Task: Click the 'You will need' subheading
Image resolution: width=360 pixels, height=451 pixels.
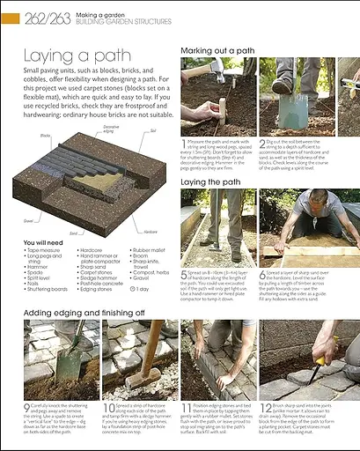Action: pyautogui.click(x=45, y=241)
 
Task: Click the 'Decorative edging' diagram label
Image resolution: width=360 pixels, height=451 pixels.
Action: pyautogui.click(x=111, y=129)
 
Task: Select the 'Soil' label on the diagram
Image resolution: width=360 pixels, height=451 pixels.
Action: pyautogui.click(x=153, y=130)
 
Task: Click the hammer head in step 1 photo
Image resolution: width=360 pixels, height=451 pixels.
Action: pyautogui.click(x=195, y=70)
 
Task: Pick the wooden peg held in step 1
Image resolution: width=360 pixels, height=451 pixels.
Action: pyautogui.click(x=222, y=110)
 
